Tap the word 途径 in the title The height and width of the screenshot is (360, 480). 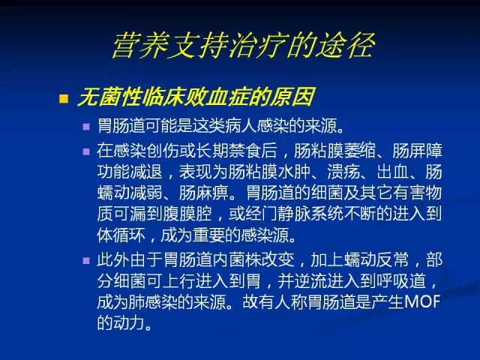tap(345, 45)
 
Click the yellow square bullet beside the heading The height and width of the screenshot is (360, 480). tap(64, 98)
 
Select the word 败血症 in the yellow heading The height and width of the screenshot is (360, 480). tap(218, 97)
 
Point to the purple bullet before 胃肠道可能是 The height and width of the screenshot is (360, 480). tap(86, 127)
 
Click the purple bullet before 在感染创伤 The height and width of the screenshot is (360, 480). tap(86, 151)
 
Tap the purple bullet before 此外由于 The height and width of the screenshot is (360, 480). tap(86, 260)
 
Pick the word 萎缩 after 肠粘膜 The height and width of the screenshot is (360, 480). tap(360, 150)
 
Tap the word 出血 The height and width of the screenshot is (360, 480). tap(393, 172)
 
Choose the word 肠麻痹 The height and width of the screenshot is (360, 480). tap(203, 193)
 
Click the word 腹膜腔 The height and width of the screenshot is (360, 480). tap(187, 213)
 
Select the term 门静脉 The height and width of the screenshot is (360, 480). tap(286, 213)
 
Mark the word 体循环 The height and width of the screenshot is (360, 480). tap(121, 235)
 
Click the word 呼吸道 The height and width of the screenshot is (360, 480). tap(402, 280)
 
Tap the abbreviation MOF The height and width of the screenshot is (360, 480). tap(422, 301)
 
